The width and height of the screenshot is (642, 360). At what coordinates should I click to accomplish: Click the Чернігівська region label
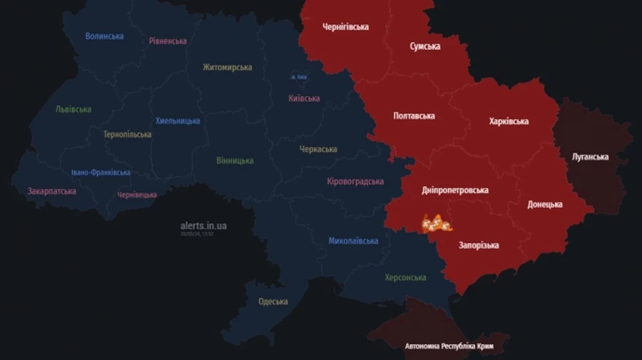[345, 27]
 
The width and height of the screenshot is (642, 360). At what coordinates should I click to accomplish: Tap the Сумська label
[424, 46]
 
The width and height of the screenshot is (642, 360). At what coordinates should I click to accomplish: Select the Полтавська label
[414, 115]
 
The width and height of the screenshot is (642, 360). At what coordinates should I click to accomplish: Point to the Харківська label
[509, 121]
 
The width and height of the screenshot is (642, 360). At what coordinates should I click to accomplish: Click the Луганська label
[590, 157]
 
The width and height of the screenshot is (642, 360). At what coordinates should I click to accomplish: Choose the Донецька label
[544, 205]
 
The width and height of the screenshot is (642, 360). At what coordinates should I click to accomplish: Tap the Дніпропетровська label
[455, 190]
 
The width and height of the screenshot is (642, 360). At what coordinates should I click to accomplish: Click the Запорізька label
[479, 245]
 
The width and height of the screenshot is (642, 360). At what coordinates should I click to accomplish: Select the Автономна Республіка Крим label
[449, 346]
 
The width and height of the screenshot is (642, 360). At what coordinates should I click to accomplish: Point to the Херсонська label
[405, 277]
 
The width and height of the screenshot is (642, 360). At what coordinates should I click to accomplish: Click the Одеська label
[272, 302]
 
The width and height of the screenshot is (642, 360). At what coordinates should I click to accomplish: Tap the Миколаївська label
[353, 241]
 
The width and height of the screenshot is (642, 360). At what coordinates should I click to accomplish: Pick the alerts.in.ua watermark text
[203, 225]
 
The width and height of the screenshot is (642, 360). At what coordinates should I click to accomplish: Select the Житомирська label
[227, 68]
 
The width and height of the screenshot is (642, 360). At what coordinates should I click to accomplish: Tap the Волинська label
[104, 36]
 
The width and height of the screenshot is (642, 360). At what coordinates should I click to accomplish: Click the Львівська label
[73, 110]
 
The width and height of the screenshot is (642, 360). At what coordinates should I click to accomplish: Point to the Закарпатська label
[51, 191]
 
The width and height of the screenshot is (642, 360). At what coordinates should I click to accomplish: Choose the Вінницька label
[235, 160]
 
